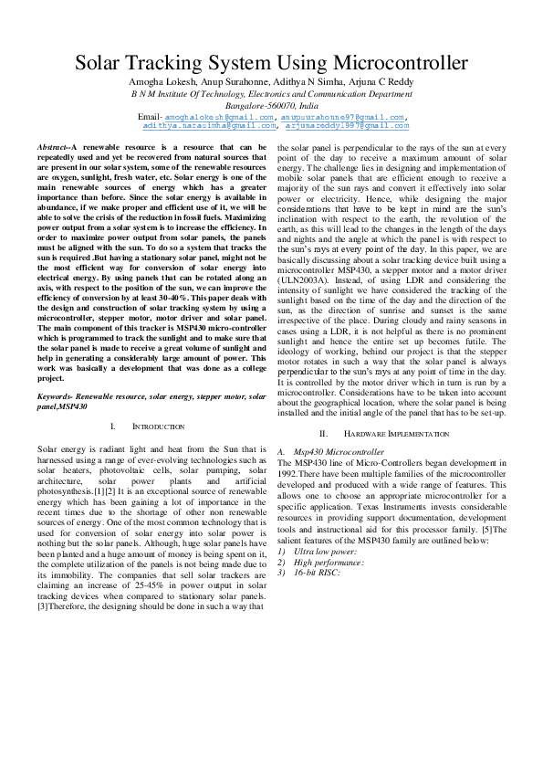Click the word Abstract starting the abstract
53,147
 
